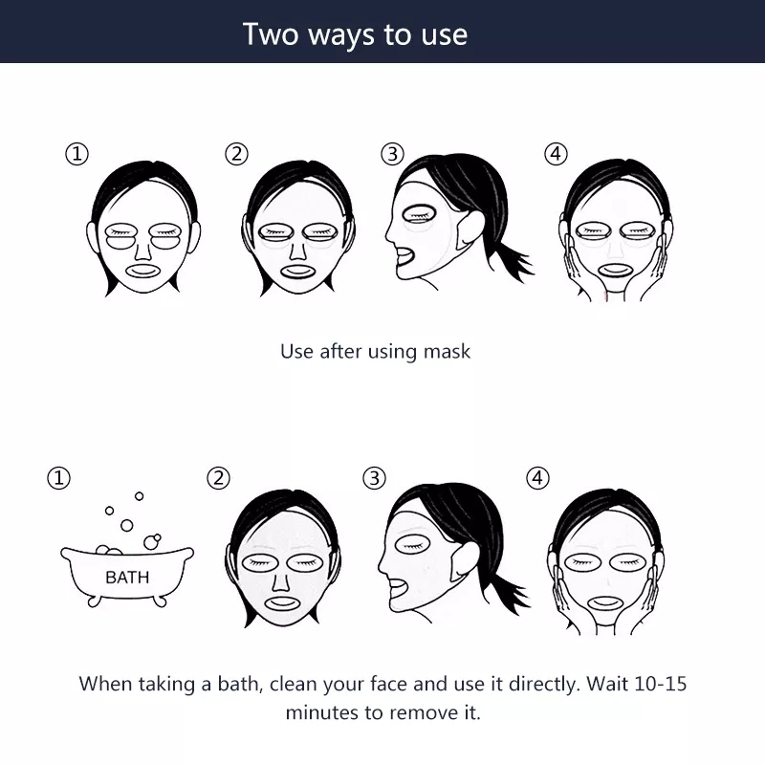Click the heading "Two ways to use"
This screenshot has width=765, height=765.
pos(355,34)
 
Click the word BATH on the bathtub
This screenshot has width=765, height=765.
pos(127,578)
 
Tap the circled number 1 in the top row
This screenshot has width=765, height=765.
pos(76,154)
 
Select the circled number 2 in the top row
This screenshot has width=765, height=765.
pos(236,154)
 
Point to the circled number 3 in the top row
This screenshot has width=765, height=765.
pos(392,154)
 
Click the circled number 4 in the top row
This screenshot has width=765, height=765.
pos(556,154)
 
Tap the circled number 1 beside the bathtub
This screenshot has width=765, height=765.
pos(58,478)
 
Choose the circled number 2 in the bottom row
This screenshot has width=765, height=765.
pos(218,478)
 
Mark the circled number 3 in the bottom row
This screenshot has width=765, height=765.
pos(374,478)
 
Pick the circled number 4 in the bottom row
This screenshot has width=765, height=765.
pos(537,478)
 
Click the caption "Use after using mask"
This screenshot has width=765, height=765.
pos(375,352)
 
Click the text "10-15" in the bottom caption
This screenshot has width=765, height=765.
pos(660,684)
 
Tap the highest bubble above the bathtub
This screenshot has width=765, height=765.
pos(139,496)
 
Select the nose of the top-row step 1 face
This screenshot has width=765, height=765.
pos(142,251)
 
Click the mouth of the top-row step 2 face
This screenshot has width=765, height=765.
pos(298,272)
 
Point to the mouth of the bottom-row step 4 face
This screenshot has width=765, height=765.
pos(605,604)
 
